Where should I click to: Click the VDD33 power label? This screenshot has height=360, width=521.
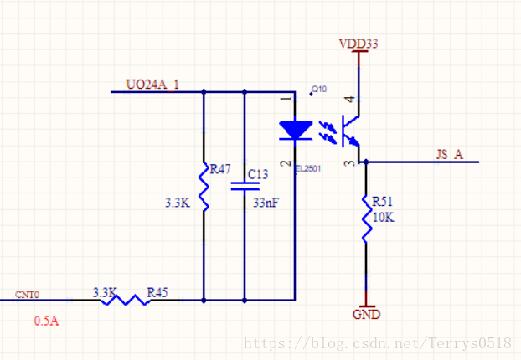[x=359, y=43]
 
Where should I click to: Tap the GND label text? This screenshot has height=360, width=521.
[x=366, y=315]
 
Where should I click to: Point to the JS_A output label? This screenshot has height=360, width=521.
[x=449, y=154]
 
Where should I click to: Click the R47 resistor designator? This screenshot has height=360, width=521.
[x=220, y=169]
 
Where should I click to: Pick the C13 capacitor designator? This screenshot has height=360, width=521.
[x=258, y=175]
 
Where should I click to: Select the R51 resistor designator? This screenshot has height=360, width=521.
[x=382, y=202]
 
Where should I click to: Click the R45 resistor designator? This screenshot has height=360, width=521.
[x=157, y=292]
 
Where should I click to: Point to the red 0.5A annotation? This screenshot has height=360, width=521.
[x=47, y=321]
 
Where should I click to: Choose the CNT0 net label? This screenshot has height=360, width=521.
[x=28, y=295]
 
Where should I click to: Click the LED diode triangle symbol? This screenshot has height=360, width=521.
[x=294, y=131]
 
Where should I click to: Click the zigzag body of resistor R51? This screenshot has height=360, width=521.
[x=365, y=217]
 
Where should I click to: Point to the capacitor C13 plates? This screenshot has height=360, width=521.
[x=244, y=187]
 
